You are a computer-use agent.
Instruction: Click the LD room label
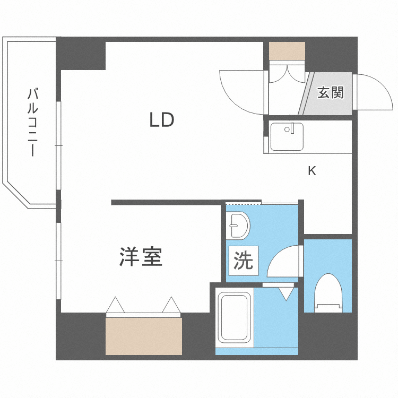(161, 120)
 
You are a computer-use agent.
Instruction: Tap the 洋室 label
(140, 257)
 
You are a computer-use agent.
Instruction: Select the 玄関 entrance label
(331, 93)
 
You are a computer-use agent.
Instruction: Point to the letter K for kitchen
(312, 171)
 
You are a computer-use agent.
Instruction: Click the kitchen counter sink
(287, 137)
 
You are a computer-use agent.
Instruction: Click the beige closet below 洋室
(144, 336)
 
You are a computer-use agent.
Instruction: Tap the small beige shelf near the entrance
(287, 51)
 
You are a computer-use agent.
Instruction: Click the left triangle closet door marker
(115, 306)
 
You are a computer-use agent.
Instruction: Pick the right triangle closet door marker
(172, 306)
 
